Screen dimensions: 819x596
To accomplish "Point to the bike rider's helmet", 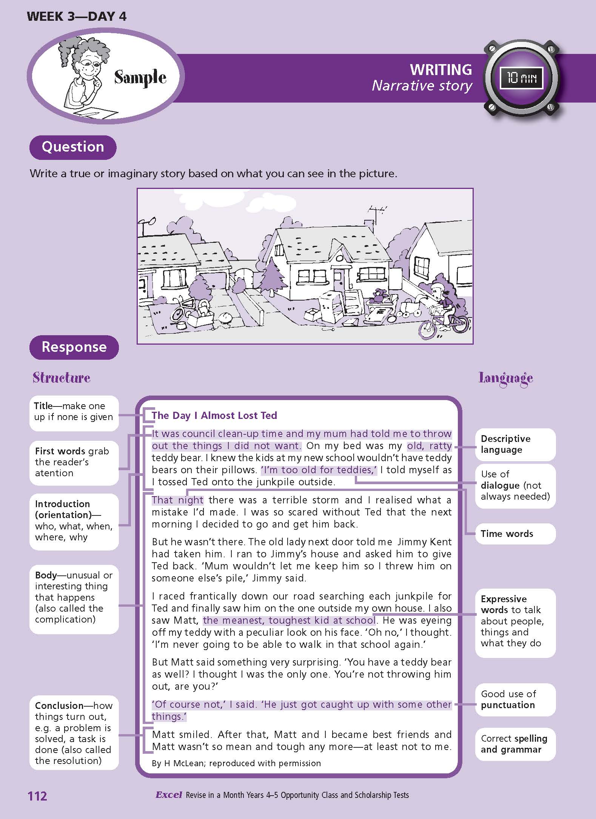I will (436, 289).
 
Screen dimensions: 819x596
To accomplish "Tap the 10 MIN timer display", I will (521, 78).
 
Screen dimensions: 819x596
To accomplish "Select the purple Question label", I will (73, 147).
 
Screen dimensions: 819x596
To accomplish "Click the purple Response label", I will (74, 347).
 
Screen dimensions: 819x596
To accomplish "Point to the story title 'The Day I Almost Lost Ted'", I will (214, 416).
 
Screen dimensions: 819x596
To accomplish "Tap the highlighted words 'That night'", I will (177, 500).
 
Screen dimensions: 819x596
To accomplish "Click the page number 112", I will (37, 796).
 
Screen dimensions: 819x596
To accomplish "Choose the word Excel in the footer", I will (169, 795).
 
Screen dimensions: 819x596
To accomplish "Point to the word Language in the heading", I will (505, 378).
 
